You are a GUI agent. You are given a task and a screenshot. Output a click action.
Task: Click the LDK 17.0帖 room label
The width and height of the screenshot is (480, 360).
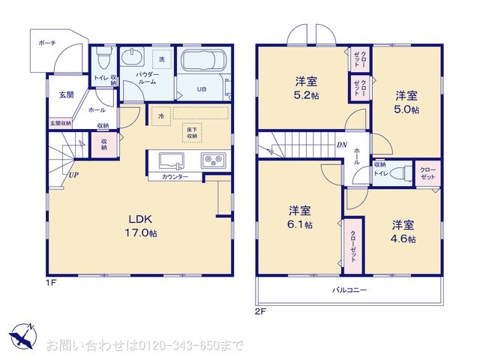coord(141,226)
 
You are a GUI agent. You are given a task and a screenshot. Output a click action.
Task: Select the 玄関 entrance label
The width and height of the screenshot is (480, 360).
coord(66,94)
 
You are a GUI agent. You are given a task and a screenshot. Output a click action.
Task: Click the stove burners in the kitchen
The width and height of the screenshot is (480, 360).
coord(213,160)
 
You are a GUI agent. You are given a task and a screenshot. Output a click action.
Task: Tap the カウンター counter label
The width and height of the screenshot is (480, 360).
coord(175,177)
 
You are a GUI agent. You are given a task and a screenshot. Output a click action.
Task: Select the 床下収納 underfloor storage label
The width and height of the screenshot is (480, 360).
coord(193,133)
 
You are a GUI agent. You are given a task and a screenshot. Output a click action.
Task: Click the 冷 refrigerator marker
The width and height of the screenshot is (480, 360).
coord(160,116)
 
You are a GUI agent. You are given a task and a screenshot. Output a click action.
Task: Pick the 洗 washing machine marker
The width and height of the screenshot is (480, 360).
coord(162,58)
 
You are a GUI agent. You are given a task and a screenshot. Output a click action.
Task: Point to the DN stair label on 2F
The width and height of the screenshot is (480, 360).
coord(341,145)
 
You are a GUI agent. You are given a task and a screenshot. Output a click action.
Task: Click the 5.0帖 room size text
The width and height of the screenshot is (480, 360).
coord(407,109)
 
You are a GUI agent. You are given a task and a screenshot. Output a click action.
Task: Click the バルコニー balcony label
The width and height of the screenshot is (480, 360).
coord(349,289)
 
